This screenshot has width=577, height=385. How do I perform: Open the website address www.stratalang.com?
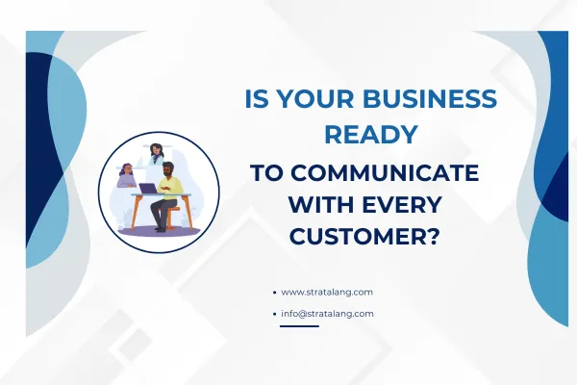click(327, 292)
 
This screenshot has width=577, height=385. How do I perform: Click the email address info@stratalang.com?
click(327, 314)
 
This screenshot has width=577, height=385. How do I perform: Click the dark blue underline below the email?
click(298, 325)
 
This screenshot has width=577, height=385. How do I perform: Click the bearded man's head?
click(168, 170)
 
